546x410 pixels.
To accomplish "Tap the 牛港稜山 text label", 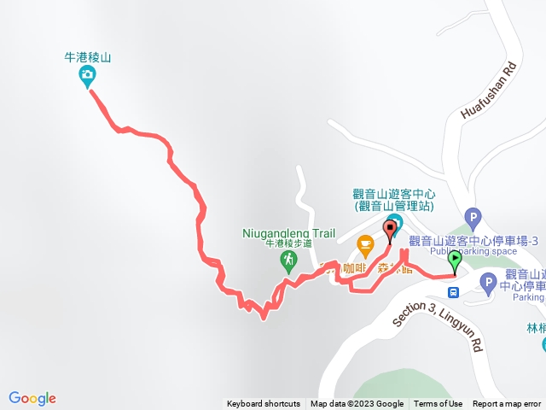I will (x=88, y=58).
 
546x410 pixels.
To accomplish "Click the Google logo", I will (x=32, y=398).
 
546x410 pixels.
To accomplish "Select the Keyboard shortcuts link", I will (x=264, y=404).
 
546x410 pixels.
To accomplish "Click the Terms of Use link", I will (x=439, y=404).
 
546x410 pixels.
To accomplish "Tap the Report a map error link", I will (x=507, y=404).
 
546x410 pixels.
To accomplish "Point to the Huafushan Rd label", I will (x=490, y=90).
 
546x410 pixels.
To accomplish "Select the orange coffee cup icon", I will (x=365, y=245).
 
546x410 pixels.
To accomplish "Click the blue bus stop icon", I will (x=454, y=291).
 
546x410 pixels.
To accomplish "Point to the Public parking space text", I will (x=473, y=251).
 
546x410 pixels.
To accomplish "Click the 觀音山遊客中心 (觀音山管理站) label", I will (x=392, y=200).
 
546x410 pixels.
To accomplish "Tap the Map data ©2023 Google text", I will (x=357, y=404).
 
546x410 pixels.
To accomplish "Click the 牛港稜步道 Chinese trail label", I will (x=288, y=244).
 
